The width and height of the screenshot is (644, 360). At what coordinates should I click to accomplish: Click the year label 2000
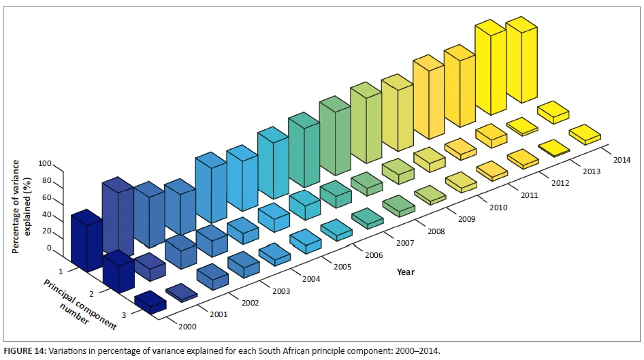tap(187, 327)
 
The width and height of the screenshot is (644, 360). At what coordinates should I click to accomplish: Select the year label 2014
tap(622, 160)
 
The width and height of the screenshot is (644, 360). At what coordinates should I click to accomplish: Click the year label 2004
tap(311, 279)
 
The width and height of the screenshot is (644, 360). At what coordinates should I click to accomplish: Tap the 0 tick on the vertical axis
tap(49, 248)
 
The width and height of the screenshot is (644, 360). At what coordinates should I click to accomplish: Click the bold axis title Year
tap(406, 272)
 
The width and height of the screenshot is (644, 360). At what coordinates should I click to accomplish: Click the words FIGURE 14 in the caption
tap(25, 351)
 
